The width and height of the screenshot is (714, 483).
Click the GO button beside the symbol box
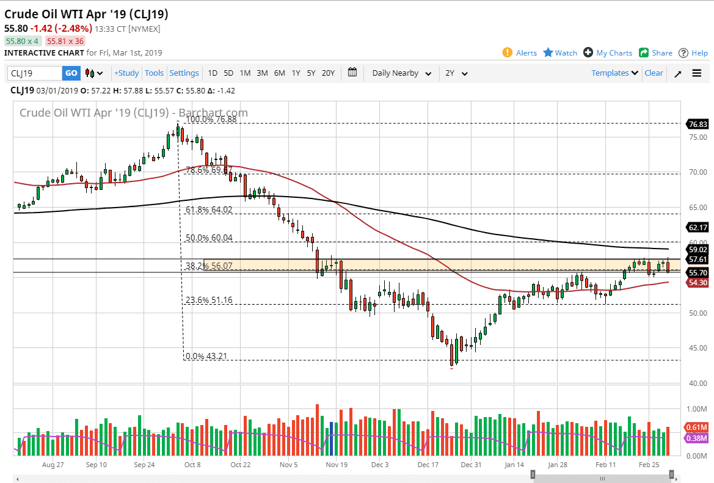tap(71, 73)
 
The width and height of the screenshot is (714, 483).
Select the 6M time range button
tap(279, 73)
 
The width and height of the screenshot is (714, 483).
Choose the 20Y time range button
tap(328, 73)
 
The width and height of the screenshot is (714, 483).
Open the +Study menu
tap(126, 73)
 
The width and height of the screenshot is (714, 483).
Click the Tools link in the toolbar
tap(154, 73)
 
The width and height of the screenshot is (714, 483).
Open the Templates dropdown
tap(615, 73)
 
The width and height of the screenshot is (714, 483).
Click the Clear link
tap(654, 73)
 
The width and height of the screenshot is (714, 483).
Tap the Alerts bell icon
tap(508, 53)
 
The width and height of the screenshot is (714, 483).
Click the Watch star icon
tap(548, 53)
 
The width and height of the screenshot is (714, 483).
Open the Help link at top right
tap(693, 53)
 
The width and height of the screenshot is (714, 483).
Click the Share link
tap(655, 53)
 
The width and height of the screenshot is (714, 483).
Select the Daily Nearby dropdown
tap(401, 73)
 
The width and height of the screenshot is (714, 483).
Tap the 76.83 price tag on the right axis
tap(697, 123)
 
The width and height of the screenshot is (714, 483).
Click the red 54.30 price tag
tap(697, 283)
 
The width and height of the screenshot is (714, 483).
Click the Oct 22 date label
tap(240, 464)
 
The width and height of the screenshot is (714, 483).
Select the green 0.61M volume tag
tap(697, 427)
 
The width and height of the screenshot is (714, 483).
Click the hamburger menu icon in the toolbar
tap(697, 73)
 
